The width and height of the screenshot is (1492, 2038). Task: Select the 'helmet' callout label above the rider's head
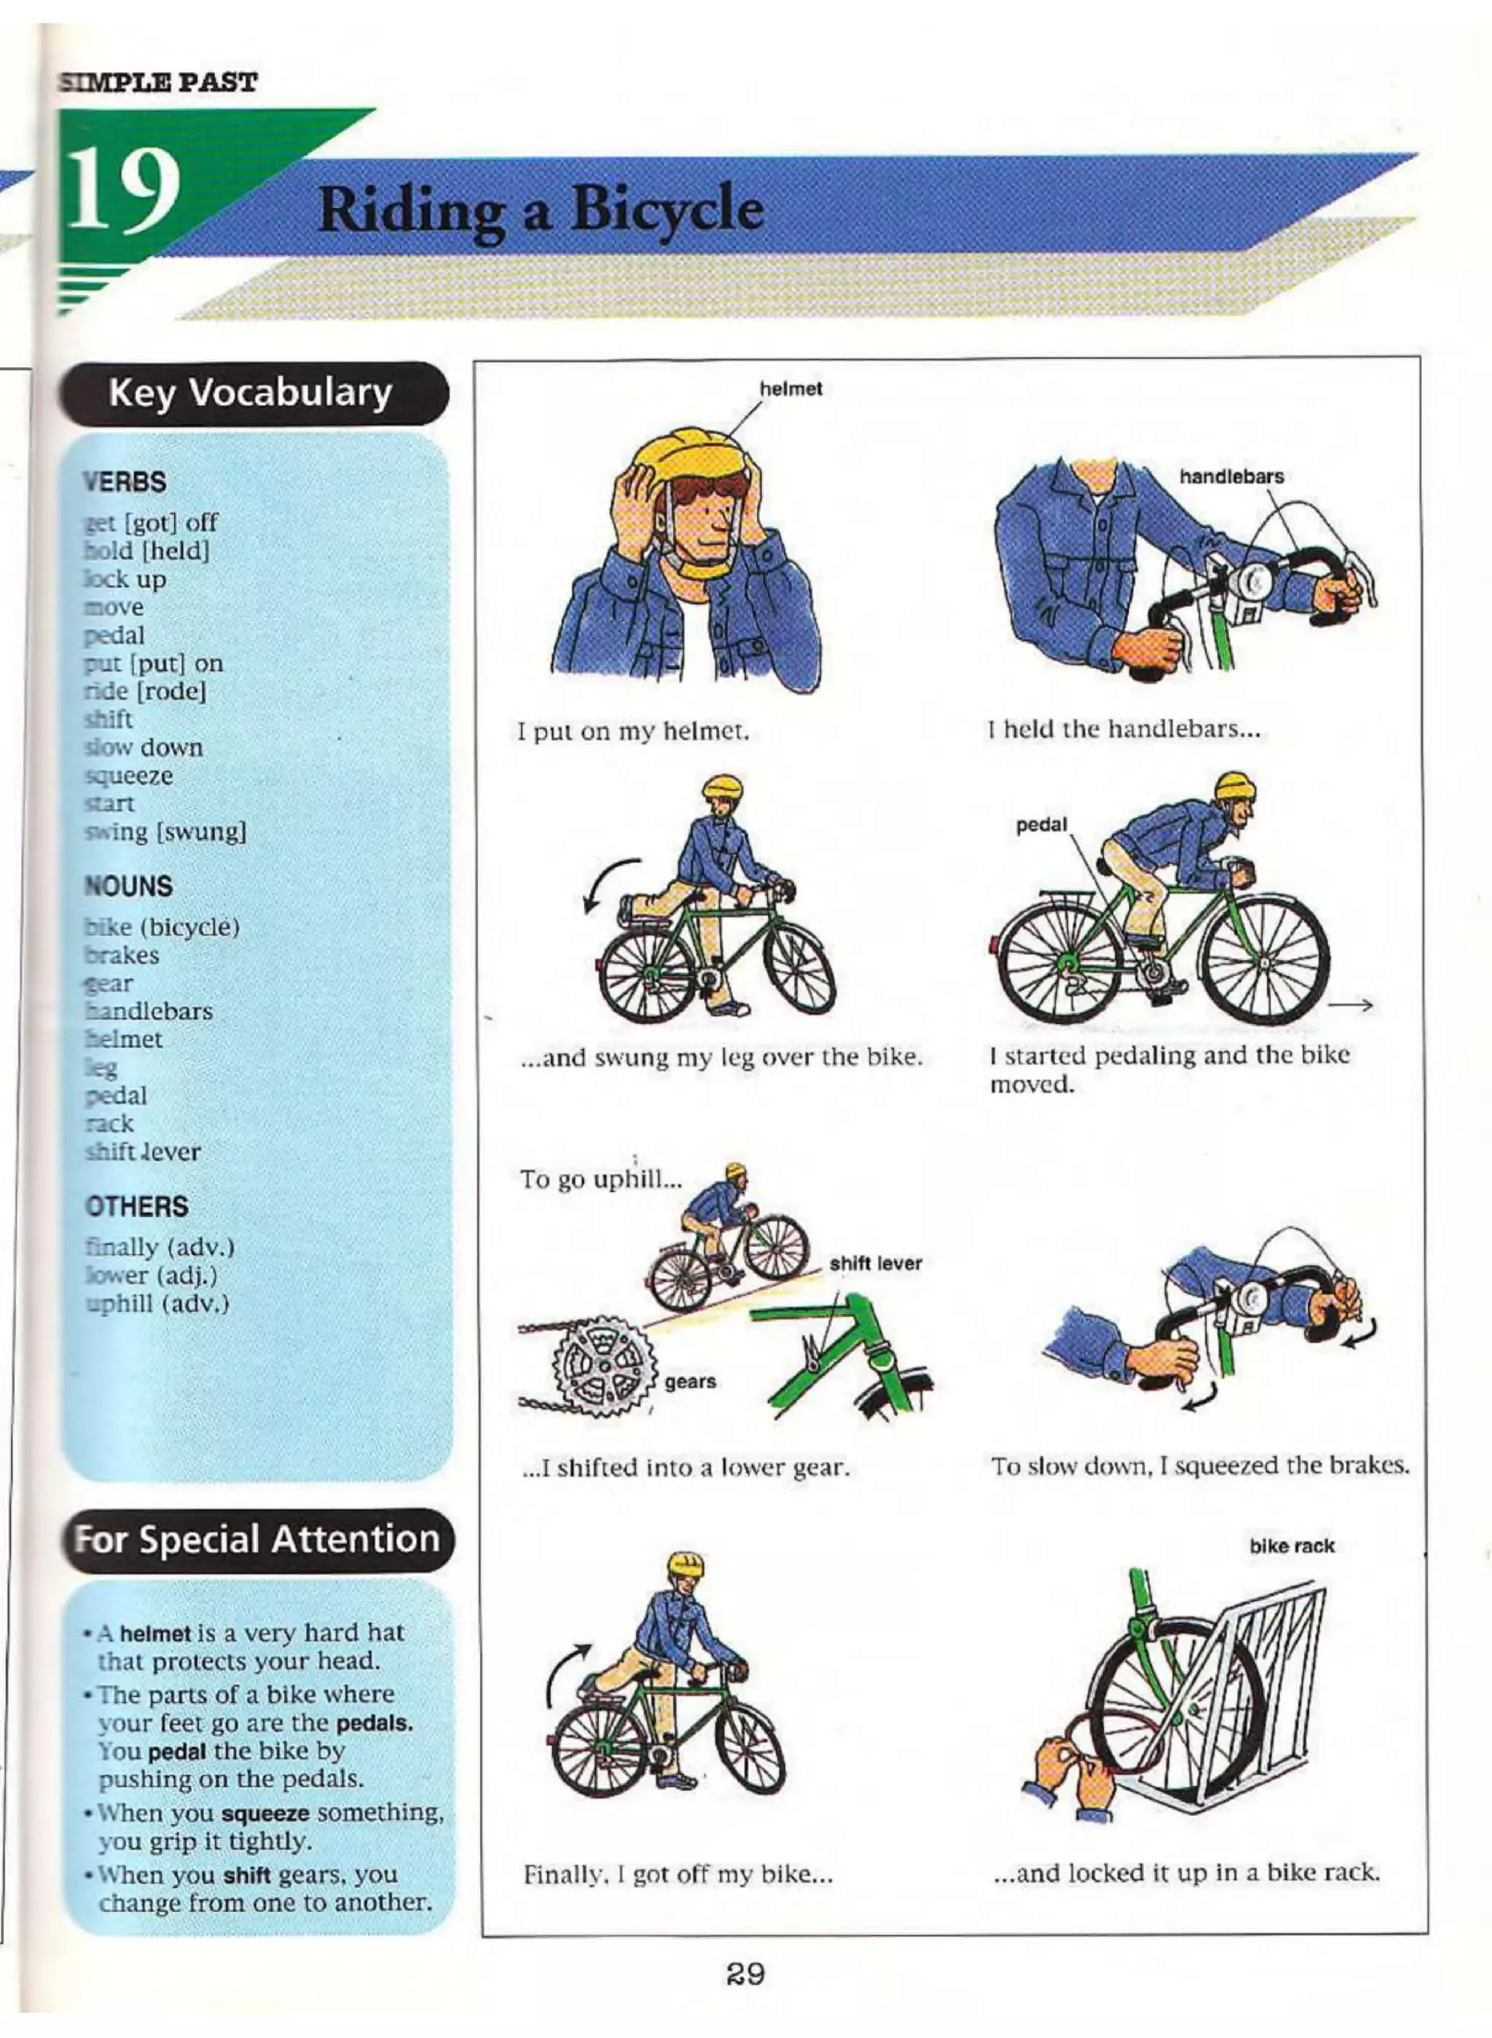pyautogui.click(x=790, y=389)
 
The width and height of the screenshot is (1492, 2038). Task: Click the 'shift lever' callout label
pyautogui.click(x=875, y=1263)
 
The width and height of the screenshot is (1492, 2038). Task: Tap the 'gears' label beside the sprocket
pyautogui.click(x=690, y=1382)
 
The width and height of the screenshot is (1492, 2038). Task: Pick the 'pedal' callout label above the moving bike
pyautogui.click(x=1040, y=825)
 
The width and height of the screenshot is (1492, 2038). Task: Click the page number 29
pyautogui.click(x=745, y=1974)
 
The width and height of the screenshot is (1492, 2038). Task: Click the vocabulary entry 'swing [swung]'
pyautogui.click(x=165, y=832)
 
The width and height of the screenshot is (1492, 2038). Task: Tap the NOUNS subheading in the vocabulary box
pyautogui.click(x=127, y=886)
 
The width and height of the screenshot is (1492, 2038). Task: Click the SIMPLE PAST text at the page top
pyautogui.click(x=159, y=83)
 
